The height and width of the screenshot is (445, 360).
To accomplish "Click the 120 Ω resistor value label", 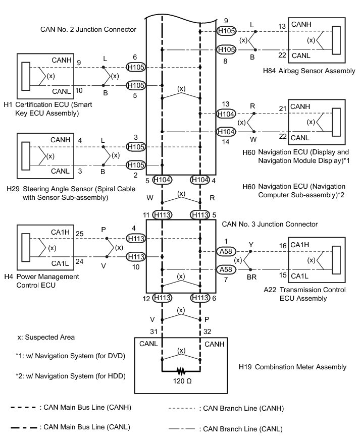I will [181, 381].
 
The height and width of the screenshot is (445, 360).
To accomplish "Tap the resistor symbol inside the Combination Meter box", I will [181, 372].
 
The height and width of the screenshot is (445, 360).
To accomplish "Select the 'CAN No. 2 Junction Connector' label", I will [88, 30].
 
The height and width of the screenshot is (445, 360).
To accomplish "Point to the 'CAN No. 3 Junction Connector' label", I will [270, 224].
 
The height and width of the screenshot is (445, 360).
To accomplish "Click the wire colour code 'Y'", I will [251, 243].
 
